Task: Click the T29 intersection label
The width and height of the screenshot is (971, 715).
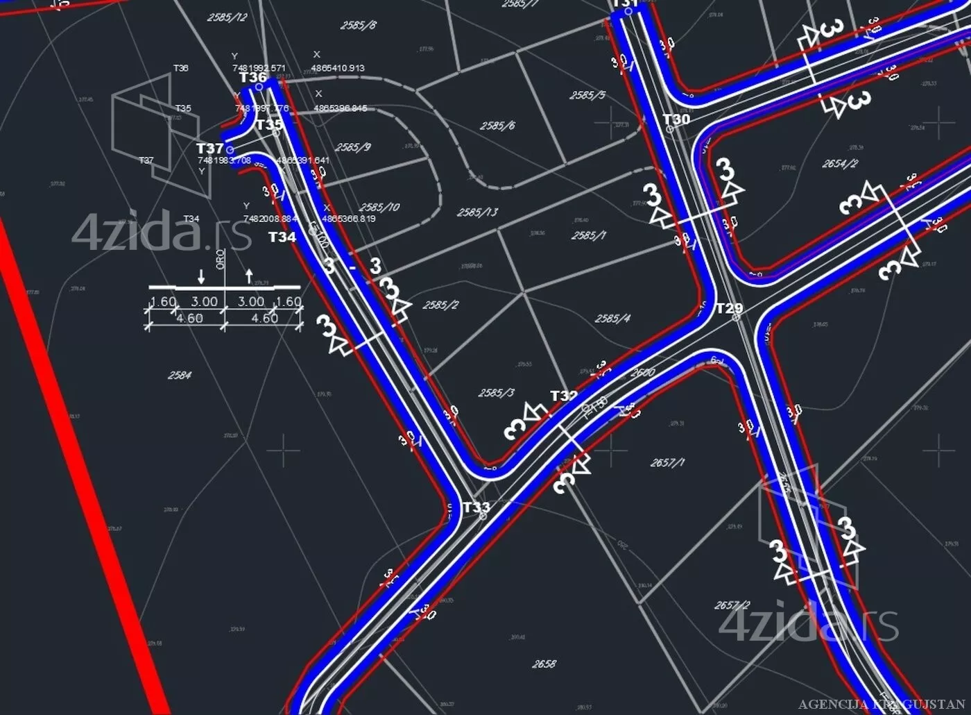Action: pyautogui.click(x=729, y=308)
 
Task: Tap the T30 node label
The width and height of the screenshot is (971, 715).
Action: pyautogui.click(x=676, y=119)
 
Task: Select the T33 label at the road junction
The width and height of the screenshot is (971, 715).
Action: pyautogui.click(x=476, y=507)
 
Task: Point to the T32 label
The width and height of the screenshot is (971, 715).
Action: pyautogui.click(x=564, y=396)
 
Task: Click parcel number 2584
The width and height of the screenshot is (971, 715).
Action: pyautogui.click(x=180, y=375)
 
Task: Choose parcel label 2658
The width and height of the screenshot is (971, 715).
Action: pyautogui.click(x=544, y=664)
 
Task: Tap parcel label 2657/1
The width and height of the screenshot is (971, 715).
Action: pyautogui.click(x=667, y=462)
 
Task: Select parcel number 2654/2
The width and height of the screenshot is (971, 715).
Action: pyautogui.click(x=840, y=164)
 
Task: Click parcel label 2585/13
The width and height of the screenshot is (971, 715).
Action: pyautogui.click(x=477, y=212)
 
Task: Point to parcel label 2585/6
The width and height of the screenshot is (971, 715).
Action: pyautogui.click(x=497, y=126)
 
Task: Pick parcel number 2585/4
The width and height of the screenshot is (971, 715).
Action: pyautogui.click(x=612, y=319)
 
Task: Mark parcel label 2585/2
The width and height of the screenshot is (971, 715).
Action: pyautogui.click(x=440, y=305)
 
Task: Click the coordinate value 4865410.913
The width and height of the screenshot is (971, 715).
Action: pyautogui.click(x=338, y=68)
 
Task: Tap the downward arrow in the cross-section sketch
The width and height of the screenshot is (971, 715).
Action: pyautogui.click(x=201, y=276)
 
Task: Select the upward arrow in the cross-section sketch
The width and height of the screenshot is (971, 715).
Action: pyautogui.click(x=250, y=276)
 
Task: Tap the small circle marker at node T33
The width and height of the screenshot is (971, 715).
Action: pyautogui.click(x=483, y=516)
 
